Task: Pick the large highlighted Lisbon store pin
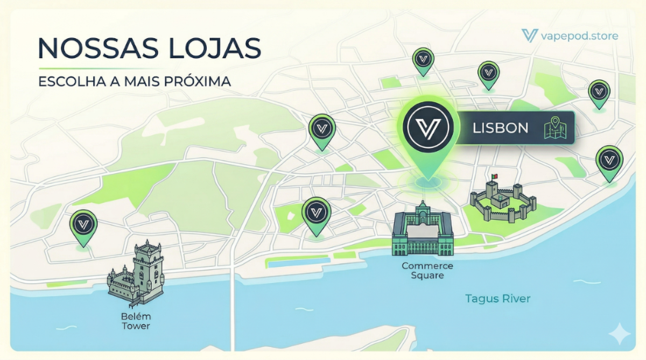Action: (x=428, y=129)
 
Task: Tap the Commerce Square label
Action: (x=427, y=271)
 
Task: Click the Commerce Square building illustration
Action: (x=423, y=230)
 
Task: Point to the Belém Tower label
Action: (x=136, y=321)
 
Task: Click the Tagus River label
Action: (x=498, y=298)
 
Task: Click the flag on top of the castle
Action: (x=494, y=177)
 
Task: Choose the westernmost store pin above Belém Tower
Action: (x=83, y=224)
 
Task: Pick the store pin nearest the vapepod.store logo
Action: (x=599, y=92)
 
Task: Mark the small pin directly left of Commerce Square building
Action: (x=316, y=213)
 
